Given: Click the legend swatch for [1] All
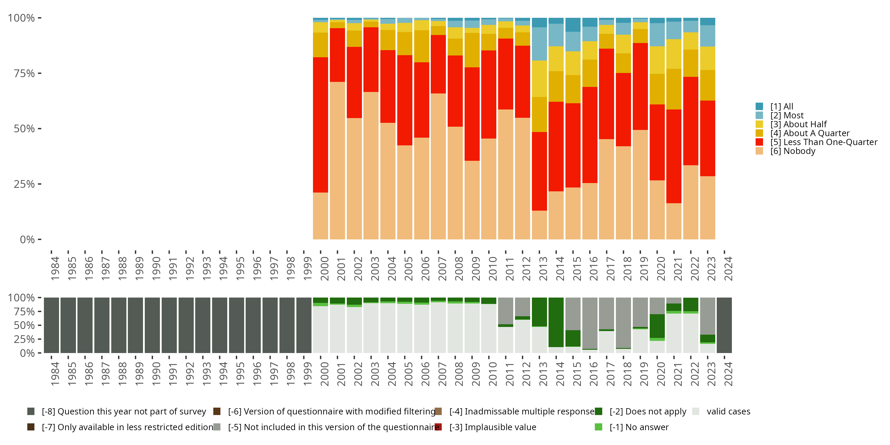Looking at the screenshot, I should pyautogui.click(x=759, y=107).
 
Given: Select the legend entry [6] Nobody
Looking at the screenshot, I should pyautogui.click(x=793, y=151).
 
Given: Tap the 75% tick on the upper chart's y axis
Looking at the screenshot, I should pyautogui.click(x=24, y=73).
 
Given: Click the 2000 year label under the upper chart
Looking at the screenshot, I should pyautogui.click(x=324, y=268).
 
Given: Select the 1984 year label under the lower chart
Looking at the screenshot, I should pyautogui.click(x=55, y=374).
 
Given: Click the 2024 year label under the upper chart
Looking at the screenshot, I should pyautogui.click(x=728, y=268).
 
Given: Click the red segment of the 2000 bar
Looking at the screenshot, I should pyautogui.click(x=320, y=124).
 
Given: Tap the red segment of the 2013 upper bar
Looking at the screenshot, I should pyautogui.click(x=539, y=171).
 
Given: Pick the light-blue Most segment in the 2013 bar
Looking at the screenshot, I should pyautogui.click(x=539, y=44).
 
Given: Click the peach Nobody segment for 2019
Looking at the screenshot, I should pyautogui.click(x=640, y=185).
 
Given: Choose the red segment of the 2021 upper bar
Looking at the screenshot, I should pyautogui.click(x=674, y=156).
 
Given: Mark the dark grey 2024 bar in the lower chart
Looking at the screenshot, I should pyautogui.click(x=724, y=325).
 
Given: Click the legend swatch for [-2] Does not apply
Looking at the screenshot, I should pyautogui.click(x=599, y=411).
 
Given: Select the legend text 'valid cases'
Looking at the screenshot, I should pyautogui.click(x=728, y=411).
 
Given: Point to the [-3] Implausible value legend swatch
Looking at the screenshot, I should pyautogui.click(x=438, y=427).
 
